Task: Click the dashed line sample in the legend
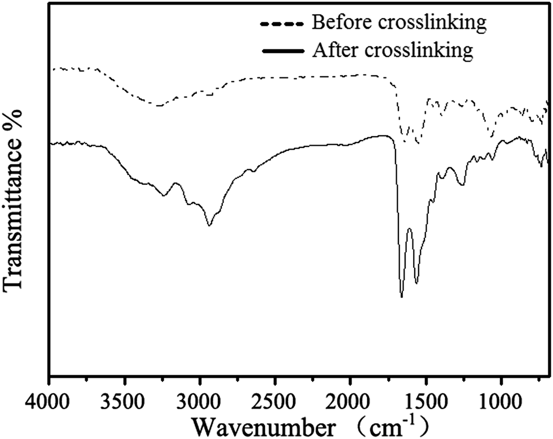click(x=282, y=24)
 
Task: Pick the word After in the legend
click(x=331, y=50)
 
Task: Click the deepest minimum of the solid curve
click(x=401, y=296)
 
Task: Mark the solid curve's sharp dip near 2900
click(x=209, y=225)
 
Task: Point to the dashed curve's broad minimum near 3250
click(x=159, y=106)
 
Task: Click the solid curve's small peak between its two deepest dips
click(x=409, y=229)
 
